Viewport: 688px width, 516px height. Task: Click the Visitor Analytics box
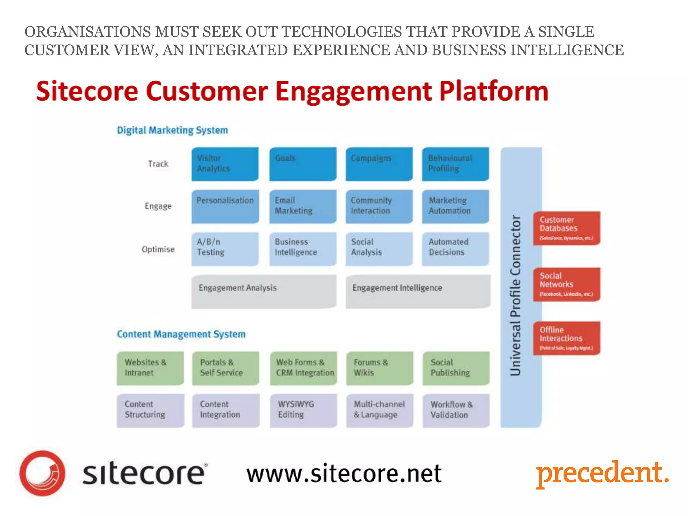(225, 164)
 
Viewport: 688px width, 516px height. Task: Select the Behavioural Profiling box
(455, 164)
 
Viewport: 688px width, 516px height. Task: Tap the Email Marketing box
(302, 206)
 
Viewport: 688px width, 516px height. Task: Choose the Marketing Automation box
(455, 206)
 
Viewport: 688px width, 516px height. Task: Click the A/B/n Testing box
(225, 249)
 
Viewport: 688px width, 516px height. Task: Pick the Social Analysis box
(379, 249)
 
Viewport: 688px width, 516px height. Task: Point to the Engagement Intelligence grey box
(418, 291)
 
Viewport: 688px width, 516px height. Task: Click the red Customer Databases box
(566, 228)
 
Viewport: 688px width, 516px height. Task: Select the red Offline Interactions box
(566, 338)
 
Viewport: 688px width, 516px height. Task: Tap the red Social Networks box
(566, 284)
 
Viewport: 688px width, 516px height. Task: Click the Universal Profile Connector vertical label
(515, 296)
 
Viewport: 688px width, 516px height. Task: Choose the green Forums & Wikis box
(379, 368)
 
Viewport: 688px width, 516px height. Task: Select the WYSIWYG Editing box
(303, 410)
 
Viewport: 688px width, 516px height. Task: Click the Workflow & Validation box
(456, 410)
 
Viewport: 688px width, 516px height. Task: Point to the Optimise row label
(158, 249)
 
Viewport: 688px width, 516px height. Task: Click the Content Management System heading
(181, 334)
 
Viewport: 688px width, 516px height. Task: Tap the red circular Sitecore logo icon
(42, 473)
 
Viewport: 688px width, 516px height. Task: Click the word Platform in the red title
(493, 91)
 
